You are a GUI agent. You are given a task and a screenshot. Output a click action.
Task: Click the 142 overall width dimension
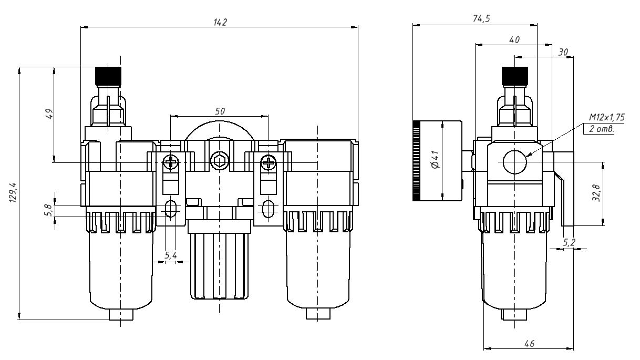tap(220, 22)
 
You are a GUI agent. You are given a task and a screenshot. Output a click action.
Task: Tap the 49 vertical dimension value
tap(48, 114)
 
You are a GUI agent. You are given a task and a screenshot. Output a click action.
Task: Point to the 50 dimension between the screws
tap(220, 111)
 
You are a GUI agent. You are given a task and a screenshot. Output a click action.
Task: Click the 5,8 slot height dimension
tap(48, 210)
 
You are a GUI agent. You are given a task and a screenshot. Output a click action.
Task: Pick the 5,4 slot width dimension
tap(171, 255)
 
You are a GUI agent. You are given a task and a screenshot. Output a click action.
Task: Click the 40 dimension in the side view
tap(514, 39)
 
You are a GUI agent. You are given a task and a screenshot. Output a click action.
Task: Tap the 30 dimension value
tap(563, 52)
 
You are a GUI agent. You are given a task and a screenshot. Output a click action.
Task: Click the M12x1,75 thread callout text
tap(606, 118)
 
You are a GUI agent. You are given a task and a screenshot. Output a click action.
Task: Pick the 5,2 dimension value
tap(569, 242)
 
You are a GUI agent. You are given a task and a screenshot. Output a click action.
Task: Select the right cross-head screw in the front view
tap(268, 162)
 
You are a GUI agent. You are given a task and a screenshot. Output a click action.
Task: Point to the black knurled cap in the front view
tap(108, 75)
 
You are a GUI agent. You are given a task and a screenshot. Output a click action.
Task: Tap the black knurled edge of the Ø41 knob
tap(417, 161)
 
